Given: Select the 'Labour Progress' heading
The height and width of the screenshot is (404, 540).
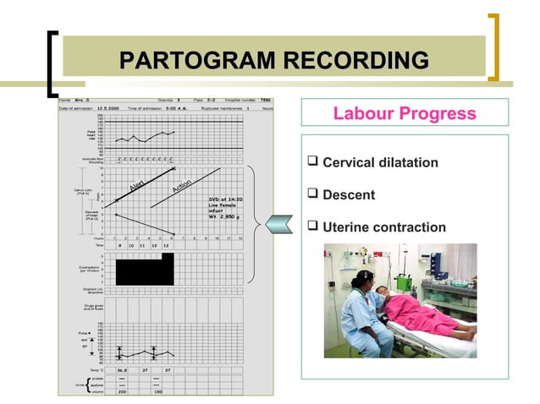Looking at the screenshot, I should click(x=405, y=113).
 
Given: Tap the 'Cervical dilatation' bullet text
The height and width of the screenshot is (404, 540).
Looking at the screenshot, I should click(x=380, y=162).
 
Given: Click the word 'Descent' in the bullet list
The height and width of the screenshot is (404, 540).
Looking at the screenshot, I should click(x=349, y=195).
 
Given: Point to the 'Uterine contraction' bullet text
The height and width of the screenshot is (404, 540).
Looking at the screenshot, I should click(x=384, y=227).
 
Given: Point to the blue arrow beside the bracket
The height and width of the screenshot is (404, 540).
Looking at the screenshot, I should click(x=278, y=224).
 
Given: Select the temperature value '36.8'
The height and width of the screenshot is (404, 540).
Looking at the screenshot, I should click(x=122, y=369).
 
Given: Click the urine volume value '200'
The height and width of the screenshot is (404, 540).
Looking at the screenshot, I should click(x=122, y=392).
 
